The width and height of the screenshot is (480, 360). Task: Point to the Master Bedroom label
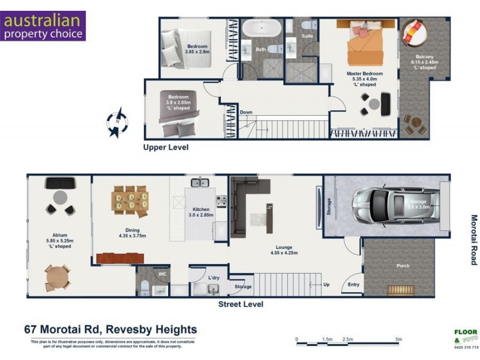tap(364, 74)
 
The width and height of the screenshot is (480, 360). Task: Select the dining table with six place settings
tap(130, 199)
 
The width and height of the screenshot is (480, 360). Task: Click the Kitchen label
tap(200, 209)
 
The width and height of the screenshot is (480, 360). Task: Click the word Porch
tap(403, 265)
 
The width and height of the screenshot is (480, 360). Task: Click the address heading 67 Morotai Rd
tap(110, 329)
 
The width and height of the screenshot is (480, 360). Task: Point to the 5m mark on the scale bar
tap(397, 340)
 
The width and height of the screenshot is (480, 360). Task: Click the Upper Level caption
tap(166, 146)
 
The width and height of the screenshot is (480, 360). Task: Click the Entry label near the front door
tap(354, 284)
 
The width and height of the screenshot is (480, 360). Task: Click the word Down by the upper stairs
tap(246, 112)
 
